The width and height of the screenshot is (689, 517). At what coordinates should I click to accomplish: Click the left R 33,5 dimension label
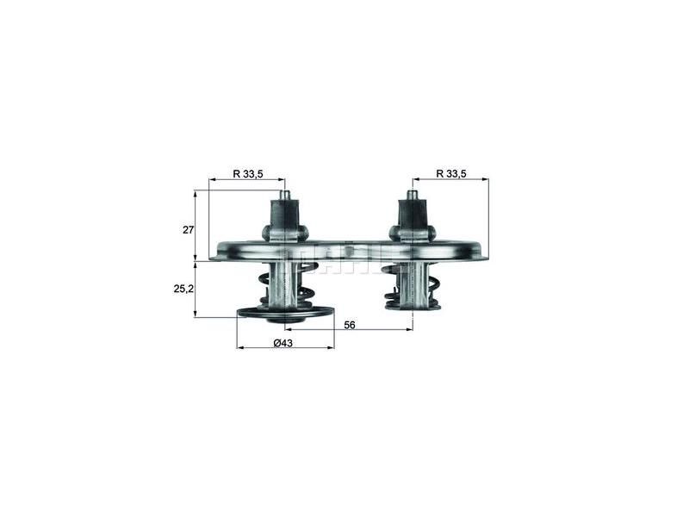point(246,173)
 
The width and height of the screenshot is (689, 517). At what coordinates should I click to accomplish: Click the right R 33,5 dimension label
point(450,173)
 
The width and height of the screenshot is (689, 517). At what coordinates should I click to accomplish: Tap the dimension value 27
point(188,230)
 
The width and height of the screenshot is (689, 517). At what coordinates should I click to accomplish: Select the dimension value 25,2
point(183,288)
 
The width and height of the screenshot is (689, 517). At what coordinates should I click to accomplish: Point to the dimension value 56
point(349,326)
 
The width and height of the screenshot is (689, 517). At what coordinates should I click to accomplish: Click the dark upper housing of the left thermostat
point(284,215)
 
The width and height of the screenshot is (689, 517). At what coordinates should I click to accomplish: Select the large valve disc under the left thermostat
point(284,313)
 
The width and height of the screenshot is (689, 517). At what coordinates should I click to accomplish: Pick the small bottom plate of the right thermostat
point(413,304)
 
